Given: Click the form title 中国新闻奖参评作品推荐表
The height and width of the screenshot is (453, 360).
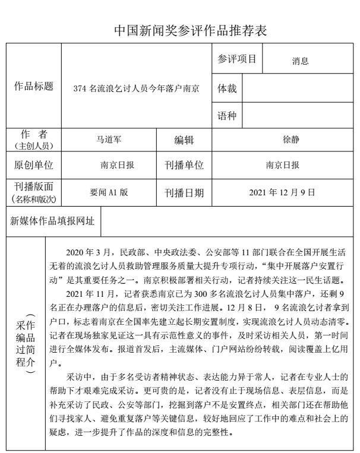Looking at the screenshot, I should (180, 31).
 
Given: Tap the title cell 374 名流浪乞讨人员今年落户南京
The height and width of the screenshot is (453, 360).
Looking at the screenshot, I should (136, 88).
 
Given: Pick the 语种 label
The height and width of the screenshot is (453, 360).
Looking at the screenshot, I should (227, 116).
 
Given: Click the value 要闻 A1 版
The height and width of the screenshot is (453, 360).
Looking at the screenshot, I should (109, 192).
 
